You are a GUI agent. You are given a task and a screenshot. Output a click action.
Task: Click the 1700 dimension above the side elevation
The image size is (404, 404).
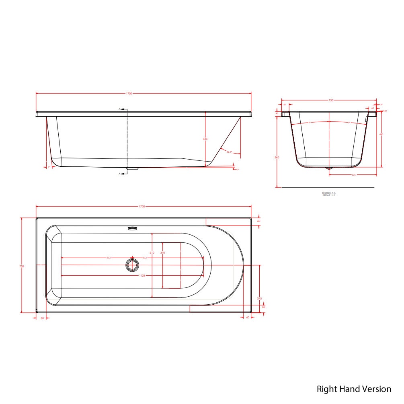(129, 93)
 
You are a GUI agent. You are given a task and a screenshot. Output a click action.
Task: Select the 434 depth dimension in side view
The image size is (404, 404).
(205, 139)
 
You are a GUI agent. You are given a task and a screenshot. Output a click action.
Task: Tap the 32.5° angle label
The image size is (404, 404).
(230, 152)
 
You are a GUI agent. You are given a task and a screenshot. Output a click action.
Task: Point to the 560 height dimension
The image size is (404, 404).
(277, 158)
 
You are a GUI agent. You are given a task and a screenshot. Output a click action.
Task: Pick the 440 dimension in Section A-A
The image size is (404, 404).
(381, 135)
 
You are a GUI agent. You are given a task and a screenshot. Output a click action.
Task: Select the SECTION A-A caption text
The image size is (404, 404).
(328, 194)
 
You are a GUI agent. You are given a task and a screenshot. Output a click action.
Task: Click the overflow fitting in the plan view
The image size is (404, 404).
(132, 229)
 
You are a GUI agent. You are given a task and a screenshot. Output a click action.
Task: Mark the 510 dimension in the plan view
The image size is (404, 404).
(152, 252)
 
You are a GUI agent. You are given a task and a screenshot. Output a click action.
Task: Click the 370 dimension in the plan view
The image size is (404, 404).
(163, 252)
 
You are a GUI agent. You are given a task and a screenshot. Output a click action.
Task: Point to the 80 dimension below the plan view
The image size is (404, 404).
(42, 318)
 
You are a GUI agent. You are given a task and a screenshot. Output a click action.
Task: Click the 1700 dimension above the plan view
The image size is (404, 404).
(142, 206)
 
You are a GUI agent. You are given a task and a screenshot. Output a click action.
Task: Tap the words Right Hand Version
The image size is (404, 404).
(354, 389)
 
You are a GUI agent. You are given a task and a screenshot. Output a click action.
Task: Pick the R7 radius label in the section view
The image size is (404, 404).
(385, 111)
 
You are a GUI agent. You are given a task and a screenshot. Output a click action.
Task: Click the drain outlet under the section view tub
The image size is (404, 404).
(329, 168)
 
